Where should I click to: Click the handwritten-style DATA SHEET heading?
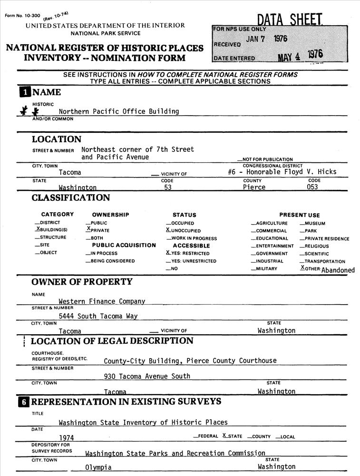coord(290,20)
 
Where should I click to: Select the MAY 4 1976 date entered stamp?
coord(300,55)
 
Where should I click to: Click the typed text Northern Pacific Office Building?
coord(119,111)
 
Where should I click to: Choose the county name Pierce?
coord(254,188)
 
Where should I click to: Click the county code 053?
coord(314,188)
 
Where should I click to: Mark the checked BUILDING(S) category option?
coord(52,230)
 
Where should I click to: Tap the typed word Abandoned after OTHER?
coord(338,270)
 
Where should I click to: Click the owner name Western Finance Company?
coord(102,301)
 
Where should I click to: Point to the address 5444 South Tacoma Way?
coord(98,316)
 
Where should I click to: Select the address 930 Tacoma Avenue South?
coord(147,376)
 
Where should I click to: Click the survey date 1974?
coord(67,437)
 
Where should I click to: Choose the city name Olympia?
coord(98,467)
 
